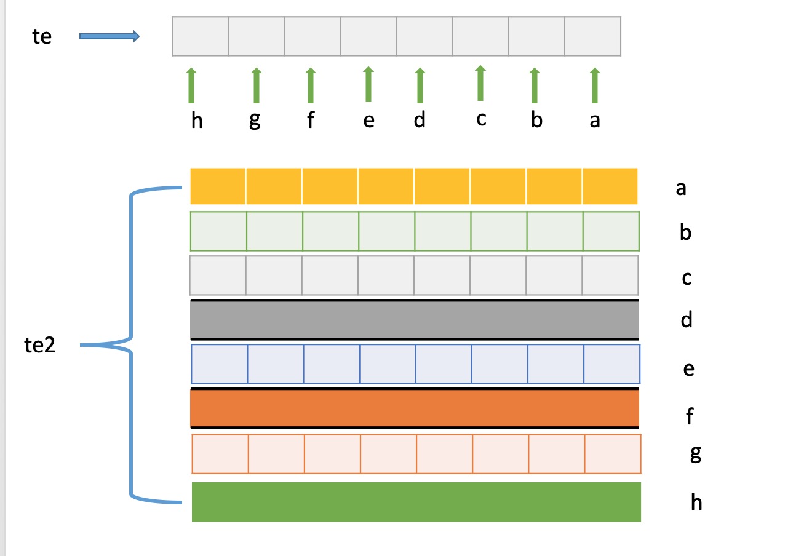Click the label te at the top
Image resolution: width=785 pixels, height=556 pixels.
42,36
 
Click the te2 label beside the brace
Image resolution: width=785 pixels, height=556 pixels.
39,345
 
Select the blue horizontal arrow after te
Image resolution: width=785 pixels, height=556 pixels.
110,36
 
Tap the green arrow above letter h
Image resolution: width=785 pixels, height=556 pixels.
191,85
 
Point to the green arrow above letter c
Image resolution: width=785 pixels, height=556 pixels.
480,83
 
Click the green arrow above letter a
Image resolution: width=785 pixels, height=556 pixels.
595,85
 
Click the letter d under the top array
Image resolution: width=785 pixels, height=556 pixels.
420,119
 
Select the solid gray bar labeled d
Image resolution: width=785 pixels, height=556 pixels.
415,320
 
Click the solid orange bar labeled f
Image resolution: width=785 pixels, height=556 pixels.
415,408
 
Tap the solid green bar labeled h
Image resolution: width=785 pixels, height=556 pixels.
416,502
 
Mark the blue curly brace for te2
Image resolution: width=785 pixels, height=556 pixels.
131,345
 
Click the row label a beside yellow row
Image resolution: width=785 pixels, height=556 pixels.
681,188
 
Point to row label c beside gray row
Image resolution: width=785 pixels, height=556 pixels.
687,278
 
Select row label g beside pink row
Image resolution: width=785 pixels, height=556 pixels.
696,454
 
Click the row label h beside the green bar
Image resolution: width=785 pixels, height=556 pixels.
696,502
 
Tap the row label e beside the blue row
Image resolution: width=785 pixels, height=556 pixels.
688,369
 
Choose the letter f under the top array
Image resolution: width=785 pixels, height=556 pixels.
311,119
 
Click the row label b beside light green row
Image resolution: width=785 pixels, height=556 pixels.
685,232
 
